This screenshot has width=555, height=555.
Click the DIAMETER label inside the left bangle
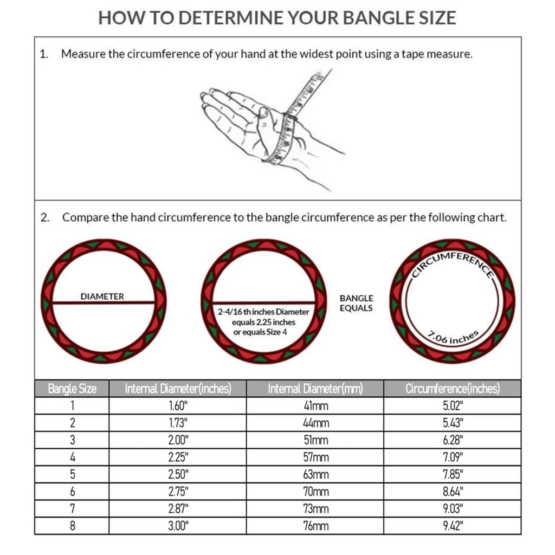pos(102,296)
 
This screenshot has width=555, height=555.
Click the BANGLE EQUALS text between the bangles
pos(356,303)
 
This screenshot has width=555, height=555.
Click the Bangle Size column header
pos(72,389)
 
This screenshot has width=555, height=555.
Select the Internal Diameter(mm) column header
pos(315,389)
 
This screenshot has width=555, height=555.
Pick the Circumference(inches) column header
pos(453,389)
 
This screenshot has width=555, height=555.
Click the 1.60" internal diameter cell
pos(178,406)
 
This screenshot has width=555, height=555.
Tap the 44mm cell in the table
pos(315,423)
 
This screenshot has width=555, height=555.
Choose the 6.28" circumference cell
pos(453,440)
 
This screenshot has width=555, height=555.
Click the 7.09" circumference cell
pos(453,457)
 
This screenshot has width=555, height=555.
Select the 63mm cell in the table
pos(315,474)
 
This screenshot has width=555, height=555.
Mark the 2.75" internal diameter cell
pos(178,492)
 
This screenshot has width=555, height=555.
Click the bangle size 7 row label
pos(72,508)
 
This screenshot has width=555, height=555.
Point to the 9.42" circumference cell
pos(453,526)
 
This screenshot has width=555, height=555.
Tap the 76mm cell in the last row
pos(315,526)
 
